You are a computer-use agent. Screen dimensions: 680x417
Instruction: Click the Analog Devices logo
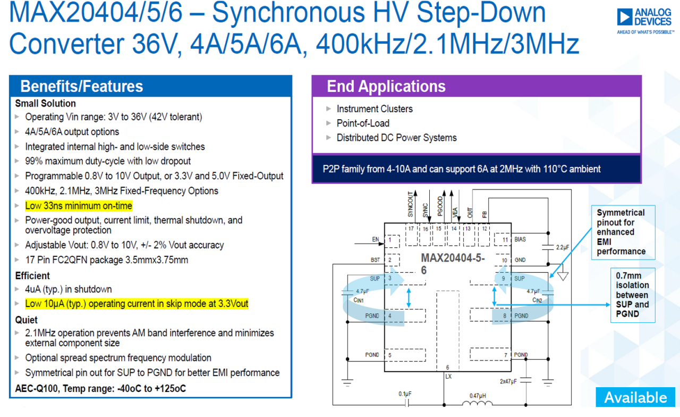point(645,21)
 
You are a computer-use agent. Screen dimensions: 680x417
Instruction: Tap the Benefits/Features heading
point(82,86)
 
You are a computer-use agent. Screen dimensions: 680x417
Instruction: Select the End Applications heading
point(386,86)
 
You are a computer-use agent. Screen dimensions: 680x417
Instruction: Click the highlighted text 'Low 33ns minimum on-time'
point(79,206)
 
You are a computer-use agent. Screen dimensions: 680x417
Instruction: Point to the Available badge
point(635,397)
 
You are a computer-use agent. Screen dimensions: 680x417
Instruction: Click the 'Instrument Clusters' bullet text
point(375,109)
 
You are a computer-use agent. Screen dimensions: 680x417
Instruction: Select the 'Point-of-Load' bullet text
point(363,123)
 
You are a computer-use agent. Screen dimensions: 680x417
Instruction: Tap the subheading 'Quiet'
point(27,320)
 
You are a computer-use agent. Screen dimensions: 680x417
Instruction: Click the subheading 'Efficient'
point(32,276)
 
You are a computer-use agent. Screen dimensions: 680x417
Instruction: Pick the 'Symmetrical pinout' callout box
point(623,232)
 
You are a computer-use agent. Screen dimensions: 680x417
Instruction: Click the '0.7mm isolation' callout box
point(633,295)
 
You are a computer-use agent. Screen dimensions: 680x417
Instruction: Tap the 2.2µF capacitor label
point(563,247)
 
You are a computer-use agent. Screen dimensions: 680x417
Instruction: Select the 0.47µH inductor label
point(478,396)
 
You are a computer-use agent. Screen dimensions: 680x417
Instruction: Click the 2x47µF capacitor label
point(508,381)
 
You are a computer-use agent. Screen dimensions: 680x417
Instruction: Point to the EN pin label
point(376,239)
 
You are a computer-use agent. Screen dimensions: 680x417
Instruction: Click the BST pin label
point(375,260)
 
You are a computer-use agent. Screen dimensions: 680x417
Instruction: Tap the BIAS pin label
point(520,239)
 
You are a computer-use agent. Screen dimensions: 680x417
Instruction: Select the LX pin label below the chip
point(448,376)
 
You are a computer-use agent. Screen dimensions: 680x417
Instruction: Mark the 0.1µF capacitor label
point(405,394)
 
